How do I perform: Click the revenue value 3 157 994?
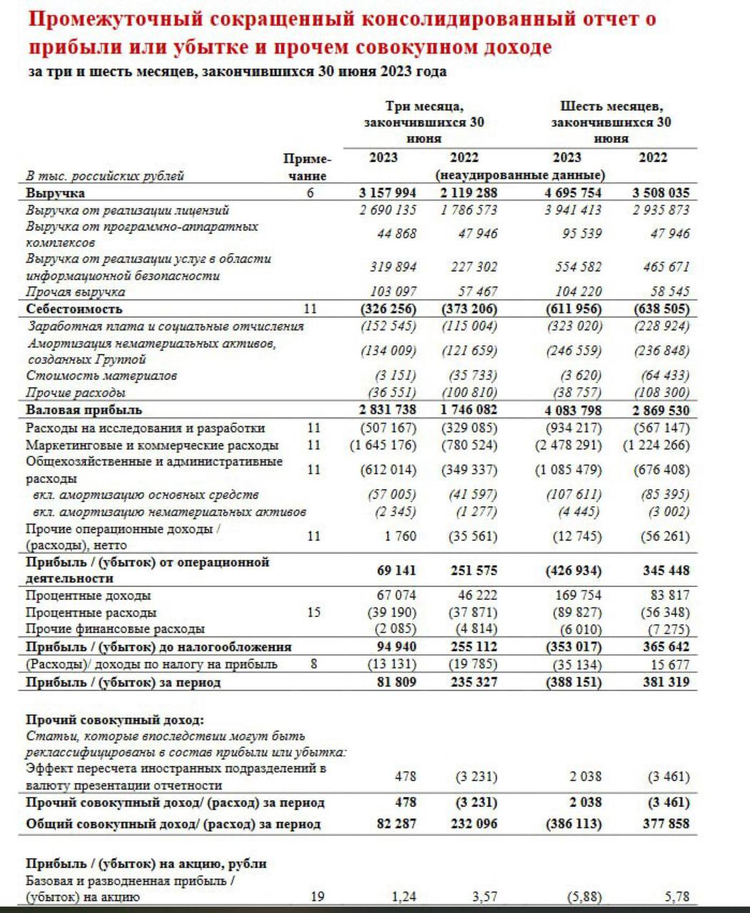(387, 193)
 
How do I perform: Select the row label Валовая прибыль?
(83, 410)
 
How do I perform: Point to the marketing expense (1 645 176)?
(382, 445)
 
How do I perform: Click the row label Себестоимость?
(74, 309)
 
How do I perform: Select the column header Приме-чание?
(308, 167)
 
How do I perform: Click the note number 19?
(317, 897)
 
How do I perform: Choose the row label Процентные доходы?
(88, 596)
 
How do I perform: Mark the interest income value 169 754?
(578, 596)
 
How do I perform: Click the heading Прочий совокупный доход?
(114, 720)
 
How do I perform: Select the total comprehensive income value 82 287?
(396, 824)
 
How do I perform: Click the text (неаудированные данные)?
(520, 175)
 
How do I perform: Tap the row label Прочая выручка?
(75, 292)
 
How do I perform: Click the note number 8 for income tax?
(314, 664)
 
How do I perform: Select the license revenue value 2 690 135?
(387, 210)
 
